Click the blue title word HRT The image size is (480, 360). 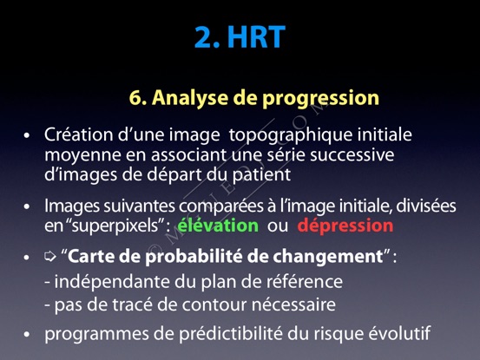click(257, 37)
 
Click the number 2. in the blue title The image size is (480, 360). click(207, 37)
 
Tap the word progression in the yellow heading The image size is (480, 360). click(320, 99)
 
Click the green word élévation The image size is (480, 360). click(218, 226)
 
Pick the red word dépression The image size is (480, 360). click(345, 226)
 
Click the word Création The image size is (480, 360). click(79, 134)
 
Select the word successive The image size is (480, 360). click(352, 154)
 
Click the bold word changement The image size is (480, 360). click(328, 257)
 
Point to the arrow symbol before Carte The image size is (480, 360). click(50, 256)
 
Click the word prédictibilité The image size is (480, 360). click(231, 333)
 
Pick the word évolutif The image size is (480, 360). click(399, 333)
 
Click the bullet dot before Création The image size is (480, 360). click(27, 136)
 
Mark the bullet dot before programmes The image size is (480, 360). click(27, 334)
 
